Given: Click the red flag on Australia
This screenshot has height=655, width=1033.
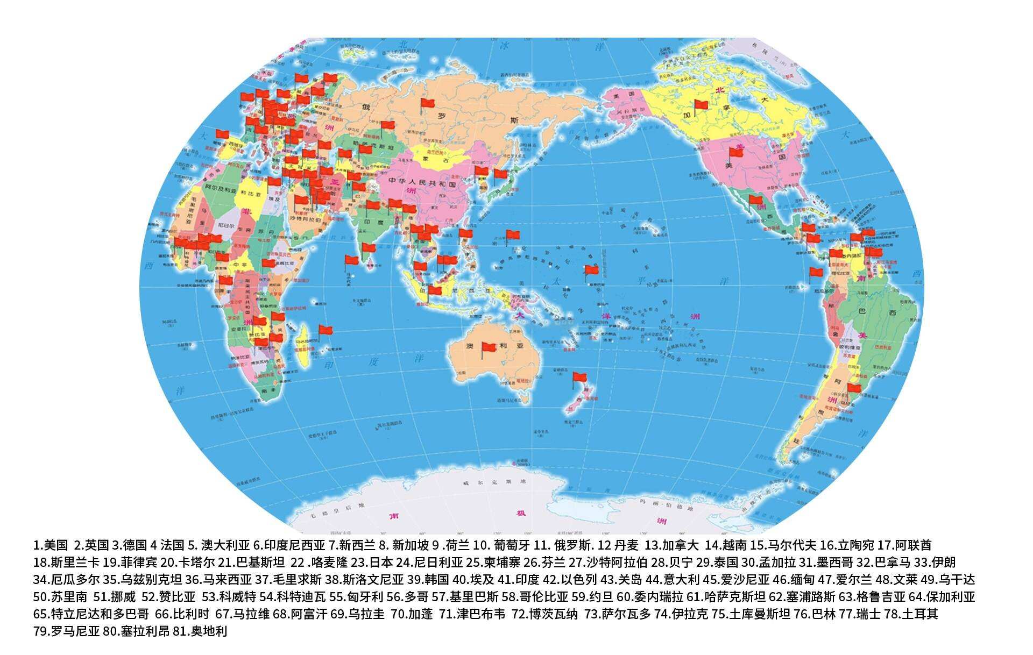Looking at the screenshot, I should pos(489,348).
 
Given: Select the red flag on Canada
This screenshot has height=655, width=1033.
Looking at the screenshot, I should pos(702,105).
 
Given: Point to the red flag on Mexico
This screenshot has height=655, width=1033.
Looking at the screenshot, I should pos(756,201).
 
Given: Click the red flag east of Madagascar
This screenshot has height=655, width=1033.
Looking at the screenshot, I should pos(326,330).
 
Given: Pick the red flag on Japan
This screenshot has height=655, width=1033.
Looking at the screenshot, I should pos(501,175).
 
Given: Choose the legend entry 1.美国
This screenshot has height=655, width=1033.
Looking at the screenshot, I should pos(51,545).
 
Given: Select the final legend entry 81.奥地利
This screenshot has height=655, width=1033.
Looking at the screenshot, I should pos(200,631).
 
